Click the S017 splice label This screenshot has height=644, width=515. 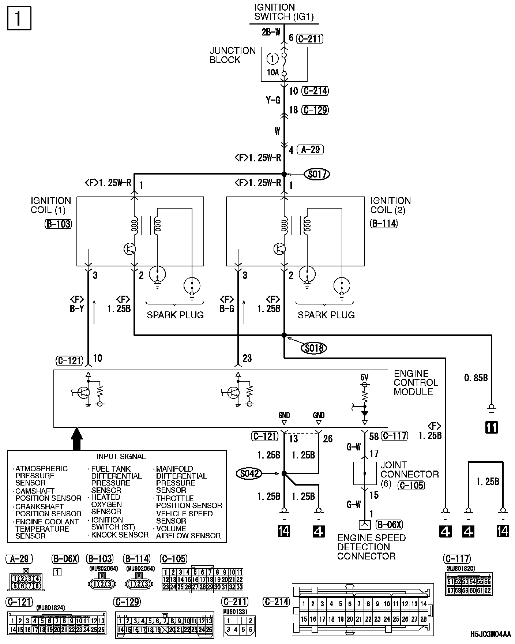[x=317, y=175]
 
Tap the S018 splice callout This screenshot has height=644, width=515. [x=314, y=348]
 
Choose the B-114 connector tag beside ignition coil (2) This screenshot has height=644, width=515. [x=384, y=224]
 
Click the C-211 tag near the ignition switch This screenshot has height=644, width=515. [x=310, y=38]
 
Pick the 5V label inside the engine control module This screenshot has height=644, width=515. [x=364, y=377]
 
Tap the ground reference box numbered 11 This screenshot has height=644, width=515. [x=491, y=427]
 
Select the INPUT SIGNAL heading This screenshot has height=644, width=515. [x=121, y=457]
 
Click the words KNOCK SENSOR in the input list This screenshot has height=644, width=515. [x=120, y=535]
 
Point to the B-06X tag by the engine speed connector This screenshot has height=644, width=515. [x=389, y=525]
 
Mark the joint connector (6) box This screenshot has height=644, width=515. [x=364, y=473]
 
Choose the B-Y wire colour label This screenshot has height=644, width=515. [x=77, y=309]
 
